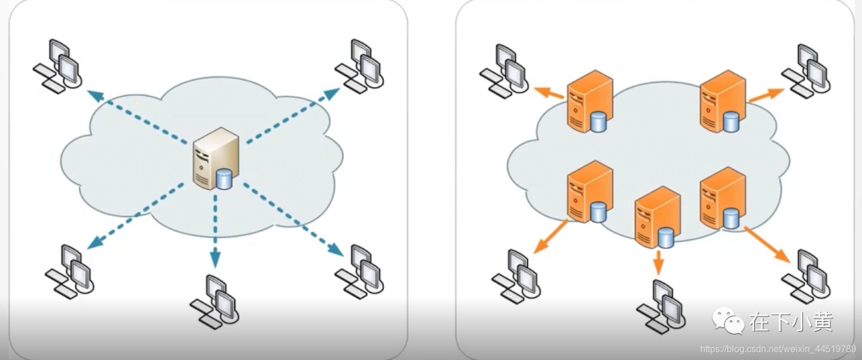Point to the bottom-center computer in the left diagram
tap(212, 301)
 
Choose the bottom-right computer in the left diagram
tap(359, 269)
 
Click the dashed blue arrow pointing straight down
tap(214, 231)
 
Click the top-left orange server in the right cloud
tap(589, 101)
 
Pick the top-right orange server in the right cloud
tap(722, 100)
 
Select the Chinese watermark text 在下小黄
tap(791, 322)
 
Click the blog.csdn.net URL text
tap(779, 350)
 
